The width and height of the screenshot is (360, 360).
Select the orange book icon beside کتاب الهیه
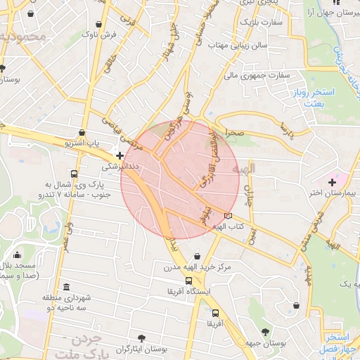(227, 216)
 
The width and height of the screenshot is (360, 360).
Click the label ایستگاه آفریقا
(187, 290)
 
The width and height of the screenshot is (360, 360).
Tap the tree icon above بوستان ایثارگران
(143, 338)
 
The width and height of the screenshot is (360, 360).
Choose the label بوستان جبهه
(264, 342)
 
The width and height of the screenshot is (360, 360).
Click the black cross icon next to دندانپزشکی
(120, 156)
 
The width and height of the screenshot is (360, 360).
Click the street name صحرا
(234, 132)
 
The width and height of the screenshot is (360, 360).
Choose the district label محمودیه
(22, 36)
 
